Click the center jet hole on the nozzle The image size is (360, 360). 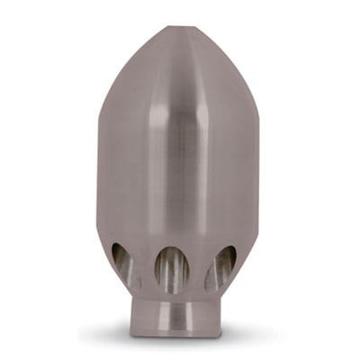(x=171, y=268)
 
